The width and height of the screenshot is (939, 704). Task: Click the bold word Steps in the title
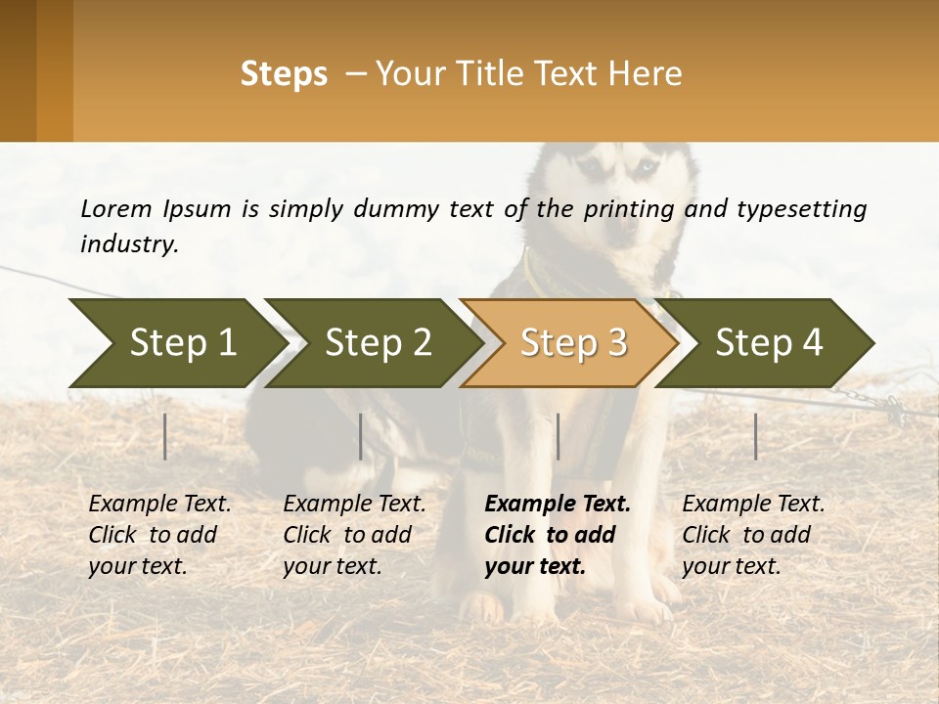(284, 74)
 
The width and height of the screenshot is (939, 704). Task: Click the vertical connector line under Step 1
(165, 436)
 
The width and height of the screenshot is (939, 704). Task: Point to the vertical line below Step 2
(361, 436)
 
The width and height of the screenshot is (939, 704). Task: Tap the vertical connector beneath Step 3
(558, 436)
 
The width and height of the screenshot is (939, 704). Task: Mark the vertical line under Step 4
(756, 436)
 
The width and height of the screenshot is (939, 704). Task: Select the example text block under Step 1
(159, 535)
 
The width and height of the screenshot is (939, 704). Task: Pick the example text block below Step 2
(354, 535)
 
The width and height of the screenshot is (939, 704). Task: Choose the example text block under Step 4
(753, 535)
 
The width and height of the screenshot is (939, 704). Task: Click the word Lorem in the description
(116, 208)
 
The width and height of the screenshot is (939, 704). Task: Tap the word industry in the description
(128, 244)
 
